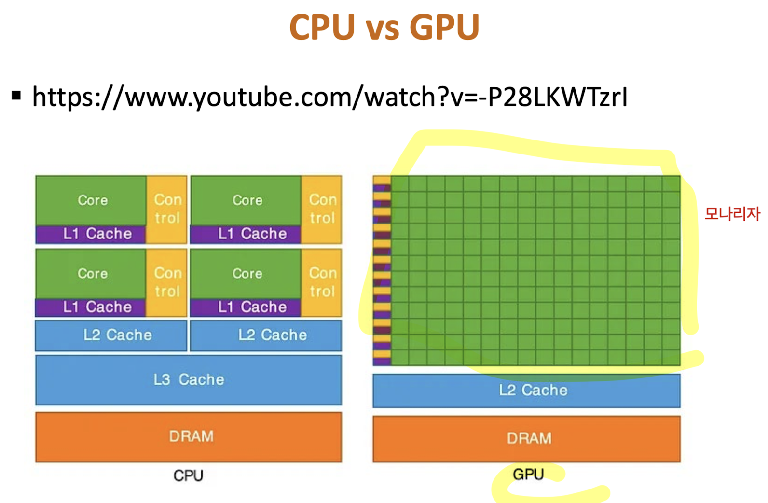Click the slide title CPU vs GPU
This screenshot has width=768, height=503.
[384, 28]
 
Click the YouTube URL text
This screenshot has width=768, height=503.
[329, 97]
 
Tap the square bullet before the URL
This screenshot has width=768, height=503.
[17, 96]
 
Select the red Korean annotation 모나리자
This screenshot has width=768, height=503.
[732, 213]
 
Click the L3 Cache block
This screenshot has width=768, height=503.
[189, 380]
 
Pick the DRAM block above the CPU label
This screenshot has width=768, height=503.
[189, 437]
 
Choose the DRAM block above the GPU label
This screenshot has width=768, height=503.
[527, 438]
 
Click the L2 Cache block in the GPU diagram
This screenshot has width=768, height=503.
[527, 390]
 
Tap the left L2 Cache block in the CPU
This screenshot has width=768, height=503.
[111, 335]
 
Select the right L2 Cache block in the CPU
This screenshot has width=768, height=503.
[266, 335]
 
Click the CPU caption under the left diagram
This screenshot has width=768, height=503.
[188, 476]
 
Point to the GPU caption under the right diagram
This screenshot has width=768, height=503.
[528, 475]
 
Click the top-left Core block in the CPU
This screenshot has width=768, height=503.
[91, 200]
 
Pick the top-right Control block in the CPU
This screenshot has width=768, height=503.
[322, 209]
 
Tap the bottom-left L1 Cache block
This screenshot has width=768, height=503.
[91, 307]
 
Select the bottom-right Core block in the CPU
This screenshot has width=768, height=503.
[246, 273]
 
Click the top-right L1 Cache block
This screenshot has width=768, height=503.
[246, 234]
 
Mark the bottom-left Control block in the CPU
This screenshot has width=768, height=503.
[167, 282]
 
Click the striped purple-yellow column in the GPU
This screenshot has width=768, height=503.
[382, 270]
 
